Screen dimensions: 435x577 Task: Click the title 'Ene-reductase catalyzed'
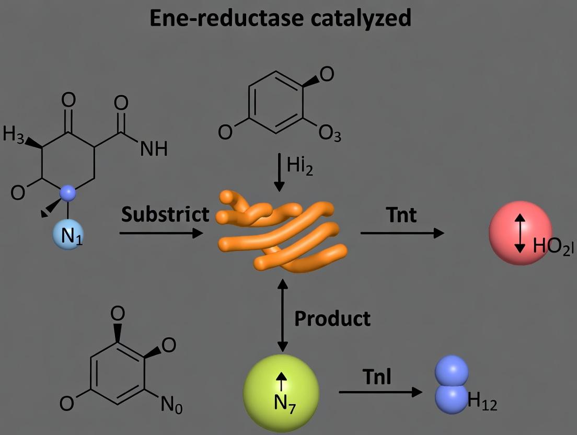tap(281, 18)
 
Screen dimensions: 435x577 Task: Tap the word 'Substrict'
tap(165, 214)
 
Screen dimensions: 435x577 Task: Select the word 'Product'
tap(332, 318)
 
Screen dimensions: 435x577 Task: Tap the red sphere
tap(520, 233)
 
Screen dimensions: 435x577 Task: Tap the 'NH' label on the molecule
tap(154, 150)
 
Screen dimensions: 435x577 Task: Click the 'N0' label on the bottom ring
tap(171, 405)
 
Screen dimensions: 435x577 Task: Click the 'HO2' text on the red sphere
tap(551, 246)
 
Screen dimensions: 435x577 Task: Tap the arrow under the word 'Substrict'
tap(161, 232)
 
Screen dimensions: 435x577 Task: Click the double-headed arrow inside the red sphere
tap(520, 233)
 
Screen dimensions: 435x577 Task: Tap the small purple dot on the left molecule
tap(68, 193)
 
